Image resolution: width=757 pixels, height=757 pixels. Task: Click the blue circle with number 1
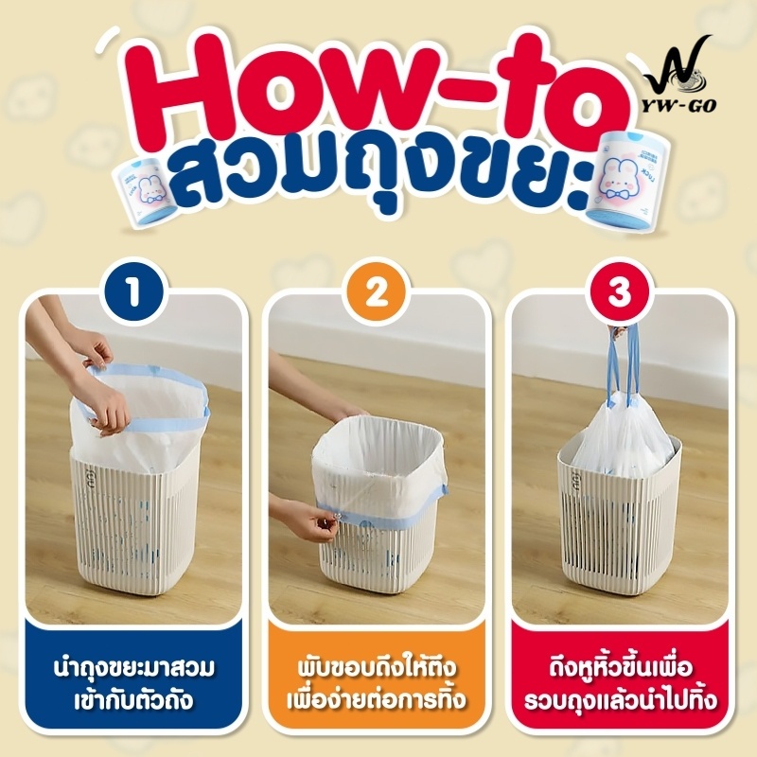pyautogui.click(x=134, y=292)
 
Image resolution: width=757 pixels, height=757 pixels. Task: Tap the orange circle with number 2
pyautogui.click(x=377, y=292)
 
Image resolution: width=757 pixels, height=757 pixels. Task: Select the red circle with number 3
pyautogui.click(x=620, y=292)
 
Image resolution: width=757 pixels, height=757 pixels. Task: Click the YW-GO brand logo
pyautogui.click(x=679, y=74)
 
